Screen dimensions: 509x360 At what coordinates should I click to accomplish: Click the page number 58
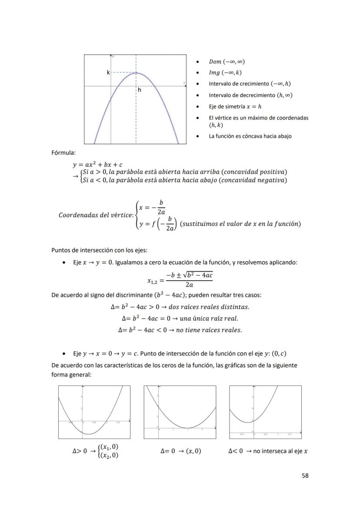pyautogui.click(x=305, y=476)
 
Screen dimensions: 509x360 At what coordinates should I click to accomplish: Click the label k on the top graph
pyautogui.click(x=108, y=73)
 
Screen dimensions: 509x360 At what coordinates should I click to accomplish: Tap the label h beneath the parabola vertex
pyautogui.click(x=140, y=90)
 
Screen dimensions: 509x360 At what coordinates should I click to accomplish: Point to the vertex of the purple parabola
pyautogui.click(x=136, y=73)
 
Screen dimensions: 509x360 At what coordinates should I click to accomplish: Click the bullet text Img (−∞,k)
pyautogui.click(x=225, y=73)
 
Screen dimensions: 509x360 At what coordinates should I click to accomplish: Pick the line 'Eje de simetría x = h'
pyautogui.click(x=235, y=106)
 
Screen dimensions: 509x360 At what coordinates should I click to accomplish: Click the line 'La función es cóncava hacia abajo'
pyautogui.click(x=250, y=136)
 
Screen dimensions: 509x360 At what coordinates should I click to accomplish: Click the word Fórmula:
pyautogui.click(x=63, y=153)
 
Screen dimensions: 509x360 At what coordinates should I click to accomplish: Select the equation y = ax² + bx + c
pyautogui.click(x=97, y=165)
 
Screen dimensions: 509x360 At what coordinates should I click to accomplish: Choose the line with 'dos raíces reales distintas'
pyautogui.click(x=180, y=307)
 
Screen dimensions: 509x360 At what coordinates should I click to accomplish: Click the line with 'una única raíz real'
pyautogui.click(x=180, y=318)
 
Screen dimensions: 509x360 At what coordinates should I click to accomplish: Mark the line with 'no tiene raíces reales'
pyautogui.click(x=180, y=330)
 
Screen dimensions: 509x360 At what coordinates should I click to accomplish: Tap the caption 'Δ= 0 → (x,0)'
pyautogui.click(x=180, y=451)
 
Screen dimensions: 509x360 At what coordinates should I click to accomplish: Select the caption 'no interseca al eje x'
pyautogui.click(x=280, y=451)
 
